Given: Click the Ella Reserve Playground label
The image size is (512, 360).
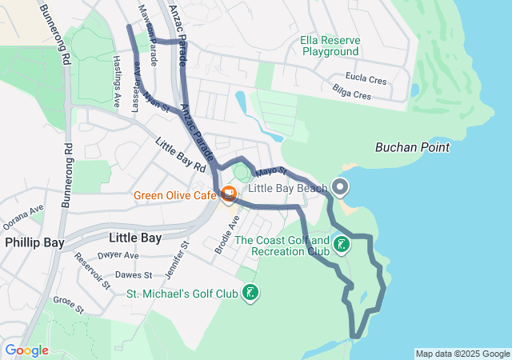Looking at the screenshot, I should coord(330,46).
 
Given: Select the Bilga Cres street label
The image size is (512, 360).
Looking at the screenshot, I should coord(352,94).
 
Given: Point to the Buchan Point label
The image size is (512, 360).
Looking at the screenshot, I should coord(412,147).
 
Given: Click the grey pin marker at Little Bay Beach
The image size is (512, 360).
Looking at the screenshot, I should coord(340,188).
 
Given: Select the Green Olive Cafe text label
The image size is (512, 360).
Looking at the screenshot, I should coord(175,195).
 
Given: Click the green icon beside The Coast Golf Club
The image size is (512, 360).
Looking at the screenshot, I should coord(342,245).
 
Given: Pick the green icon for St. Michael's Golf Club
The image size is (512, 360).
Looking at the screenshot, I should coord(251,294).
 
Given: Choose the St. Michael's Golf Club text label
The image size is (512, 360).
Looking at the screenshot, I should coord(182,294).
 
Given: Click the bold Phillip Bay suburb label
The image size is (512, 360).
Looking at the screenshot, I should coord(34,242).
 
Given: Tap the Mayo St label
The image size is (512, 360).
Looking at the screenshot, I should coord(271,171).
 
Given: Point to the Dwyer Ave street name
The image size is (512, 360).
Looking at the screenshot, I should coord(118,256).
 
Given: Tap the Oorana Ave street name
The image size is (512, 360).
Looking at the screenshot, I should coord(22,216).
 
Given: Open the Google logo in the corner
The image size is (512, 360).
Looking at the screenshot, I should coord(26,350).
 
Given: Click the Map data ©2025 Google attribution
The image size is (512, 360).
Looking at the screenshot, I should coord(462,354).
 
